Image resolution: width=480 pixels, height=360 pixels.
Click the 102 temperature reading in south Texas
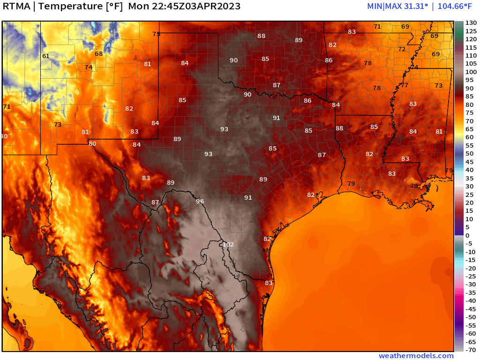(x=228, y=245)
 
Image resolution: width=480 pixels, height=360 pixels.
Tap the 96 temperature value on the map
(x=200, y=202)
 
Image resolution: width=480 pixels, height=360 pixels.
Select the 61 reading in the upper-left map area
(x=45, y=56)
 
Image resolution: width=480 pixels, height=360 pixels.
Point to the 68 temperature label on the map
(x=99, y=54)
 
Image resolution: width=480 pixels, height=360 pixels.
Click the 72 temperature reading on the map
(x=402, y=49)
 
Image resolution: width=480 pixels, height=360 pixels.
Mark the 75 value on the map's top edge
(x=157, y=34)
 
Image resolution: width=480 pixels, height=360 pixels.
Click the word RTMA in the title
(x=18, y=7)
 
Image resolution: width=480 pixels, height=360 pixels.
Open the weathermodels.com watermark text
(x=416, y=356)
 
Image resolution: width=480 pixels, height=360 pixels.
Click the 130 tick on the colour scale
(x=471, y=23)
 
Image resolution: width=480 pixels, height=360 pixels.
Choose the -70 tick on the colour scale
(x=471, y=350)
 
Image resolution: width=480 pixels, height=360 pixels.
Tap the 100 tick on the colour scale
(x=471, y=72)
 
